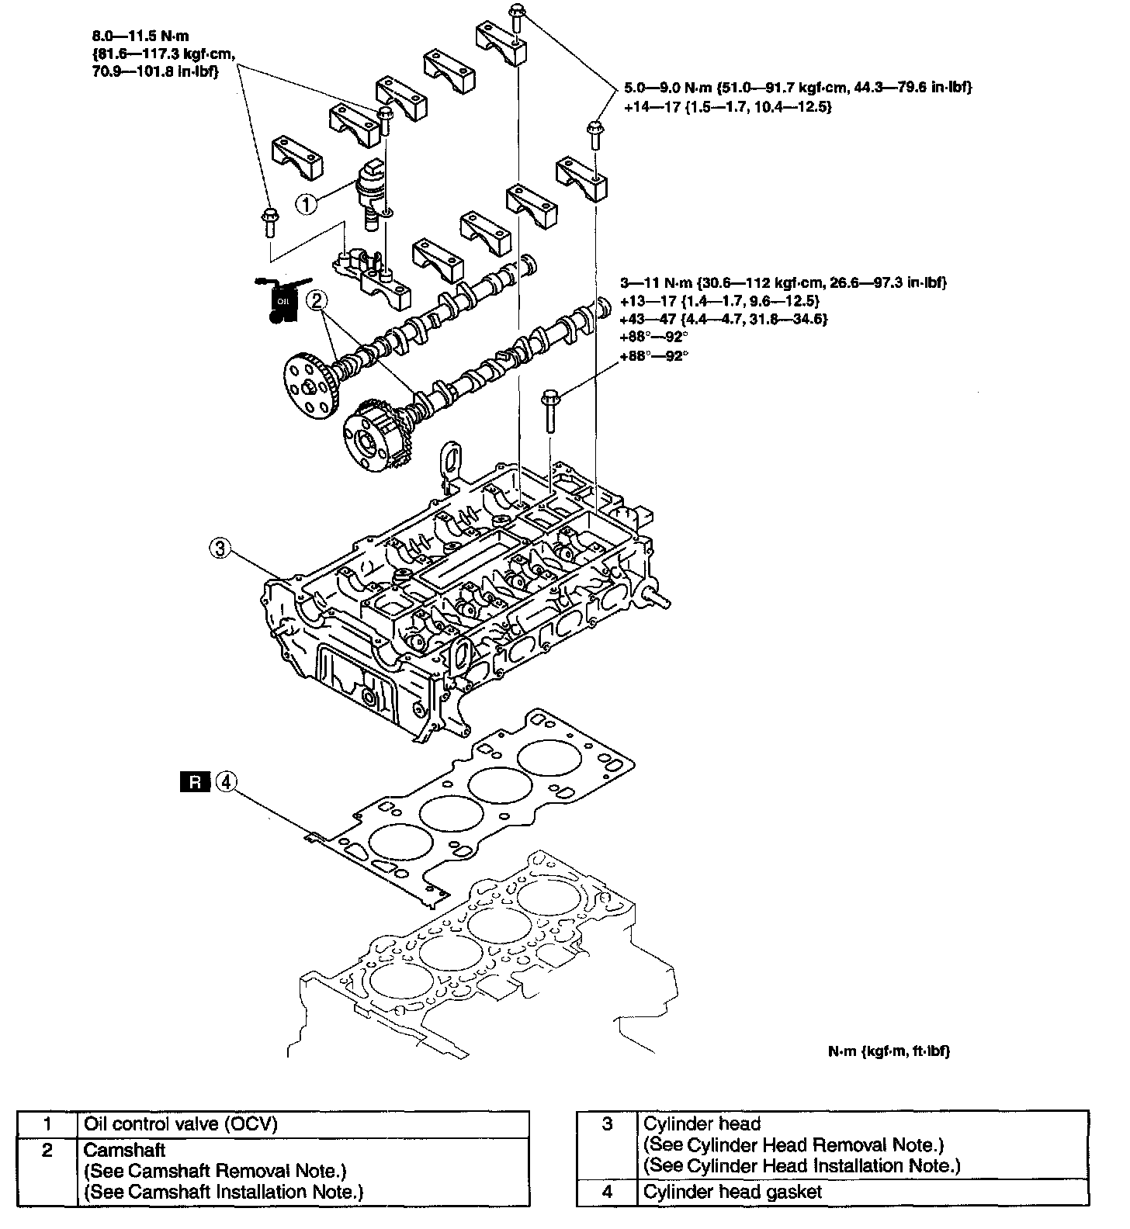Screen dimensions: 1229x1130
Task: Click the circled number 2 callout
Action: pos(316,302)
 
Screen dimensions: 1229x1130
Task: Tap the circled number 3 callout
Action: pos(220,549)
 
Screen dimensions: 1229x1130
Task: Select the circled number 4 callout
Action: pos(226,781)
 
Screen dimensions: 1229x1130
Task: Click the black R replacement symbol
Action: pos(195,782)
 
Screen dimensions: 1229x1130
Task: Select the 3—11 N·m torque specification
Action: pos(784,282)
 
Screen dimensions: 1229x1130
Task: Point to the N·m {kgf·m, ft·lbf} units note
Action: pos(888,1051)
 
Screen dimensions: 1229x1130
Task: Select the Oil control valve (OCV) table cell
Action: pos(180,1123)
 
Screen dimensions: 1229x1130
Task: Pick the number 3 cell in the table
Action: pos(608,1123)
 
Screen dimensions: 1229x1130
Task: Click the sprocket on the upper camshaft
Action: pos(309,384)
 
